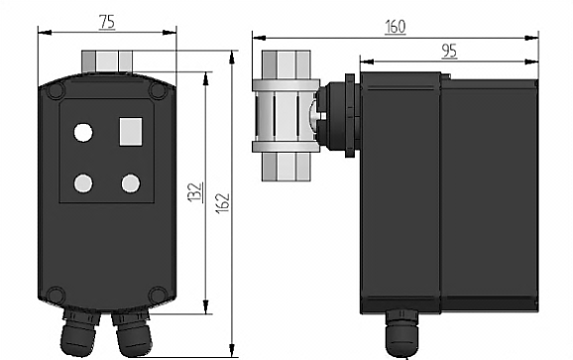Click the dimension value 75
(107, 23)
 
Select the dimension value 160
(396, 27)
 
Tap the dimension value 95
(449, 52)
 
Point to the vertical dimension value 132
(194, 191)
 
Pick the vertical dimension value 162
(222, 203)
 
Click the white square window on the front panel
(131, 132)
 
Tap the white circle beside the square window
(83, 132)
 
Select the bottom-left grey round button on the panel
(83, 183)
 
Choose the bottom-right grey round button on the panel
(131, 183)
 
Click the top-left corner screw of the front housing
(56, 90)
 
